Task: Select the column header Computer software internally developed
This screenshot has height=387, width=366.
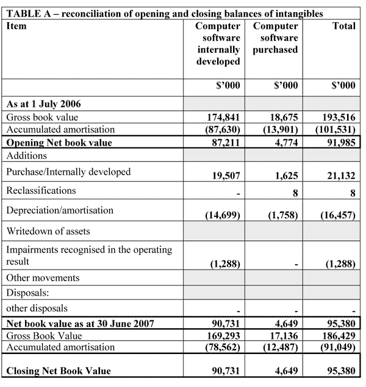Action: click(217, 44)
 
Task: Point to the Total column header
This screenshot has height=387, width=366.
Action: click(343, 26)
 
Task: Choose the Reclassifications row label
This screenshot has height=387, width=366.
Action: click(41, 191)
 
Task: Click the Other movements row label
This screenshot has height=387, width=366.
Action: click(43, 278)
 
